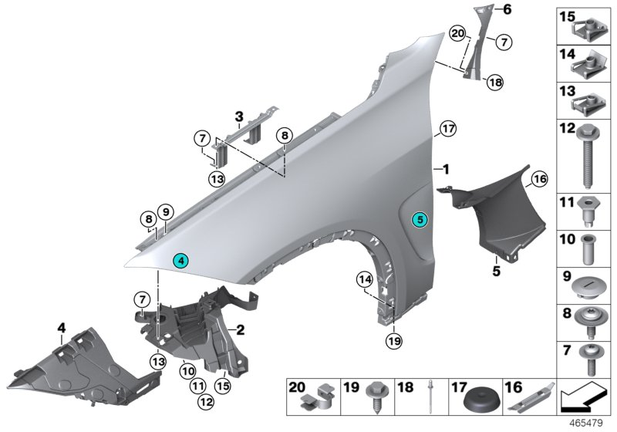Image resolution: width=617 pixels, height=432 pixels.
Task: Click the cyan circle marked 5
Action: coord(420,220)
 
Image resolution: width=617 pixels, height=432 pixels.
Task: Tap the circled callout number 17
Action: coord(448,128)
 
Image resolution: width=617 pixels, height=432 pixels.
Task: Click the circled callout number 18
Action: coord(494,82)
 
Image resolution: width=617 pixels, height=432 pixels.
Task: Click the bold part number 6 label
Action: coord(507,9)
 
